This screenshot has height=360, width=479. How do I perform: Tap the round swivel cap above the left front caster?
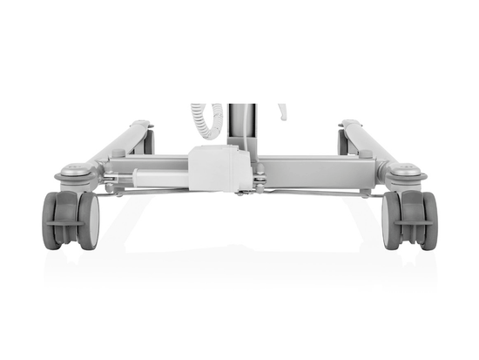73,172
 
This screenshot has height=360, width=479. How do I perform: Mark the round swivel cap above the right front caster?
406,172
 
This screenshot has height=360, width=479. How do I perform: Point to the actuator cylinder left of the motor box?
157,177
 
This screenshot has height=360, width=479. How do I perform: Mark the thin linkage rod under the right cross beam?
322,190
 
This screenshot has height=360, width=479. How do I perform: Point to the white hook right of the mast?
281,112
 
